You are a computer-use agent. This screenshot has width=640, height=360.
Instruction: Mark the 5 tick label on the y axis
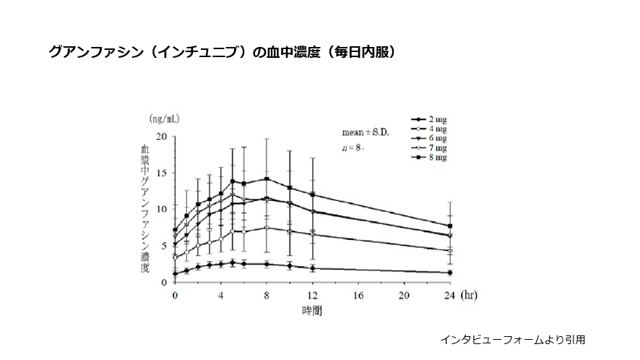(164, 245)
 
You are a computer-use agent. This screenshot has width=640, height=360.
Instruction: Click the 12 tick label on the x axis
(312, 295)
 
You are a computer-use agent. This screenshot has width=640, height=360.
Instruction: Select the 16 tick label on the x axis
(358, 295)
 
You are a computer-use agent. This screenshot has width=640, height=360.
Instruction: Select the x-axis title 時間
(312, 311)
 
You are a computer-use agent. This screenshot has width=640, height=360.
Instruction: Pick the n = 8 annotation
(353, 148)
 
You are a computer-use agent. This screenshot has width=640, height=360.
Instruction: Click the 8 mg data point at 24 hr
(450, 226)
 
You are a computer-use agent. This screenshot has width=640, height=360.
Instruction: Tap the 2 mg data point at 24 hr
(450, 273)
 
